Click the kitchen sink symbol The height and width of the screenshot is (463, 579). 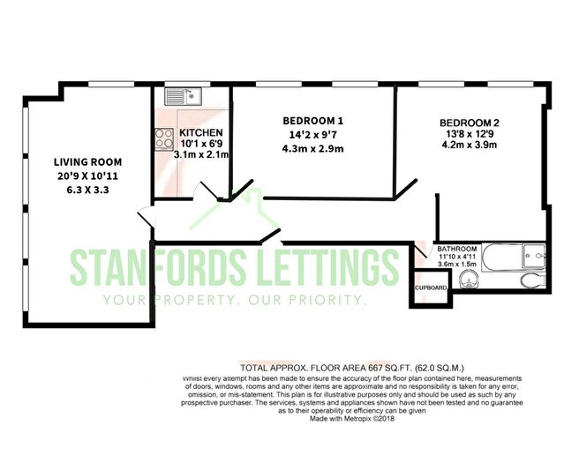[183, 96]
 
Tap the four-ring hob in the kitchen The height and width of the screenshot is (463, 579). [164, 138]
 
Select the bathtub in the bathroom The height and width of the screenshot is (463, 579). [514, 257]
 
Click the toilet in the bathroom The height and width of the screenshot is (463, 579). [533, 280]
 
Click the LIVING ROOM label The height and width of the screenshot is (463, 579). [87, 162]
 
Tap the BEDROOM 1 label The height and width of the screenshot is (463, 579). [312, 121]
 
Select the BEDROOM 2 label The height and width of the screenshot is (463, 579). [470, 123]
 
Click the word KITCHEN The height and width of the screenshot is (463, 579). [201, 132]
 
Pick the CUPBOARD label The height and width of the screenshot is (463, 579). [431, 288]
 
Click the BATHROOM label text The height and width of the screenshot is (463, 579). [457, 249]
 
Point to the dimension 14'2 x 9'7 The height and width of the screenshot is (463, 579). [312, 135]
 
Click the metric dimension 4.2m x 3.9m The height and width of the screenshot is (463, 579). [470, 145]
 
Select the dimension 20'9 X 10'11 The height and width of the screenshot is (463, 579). [87, 176]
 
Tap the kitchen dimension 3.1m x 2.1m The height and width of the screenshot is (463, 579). [201, 154]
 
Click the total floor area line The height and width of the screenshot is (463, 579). [352, 368]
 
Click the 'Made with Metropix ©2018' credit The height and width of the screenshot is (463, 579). [352, 419]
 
